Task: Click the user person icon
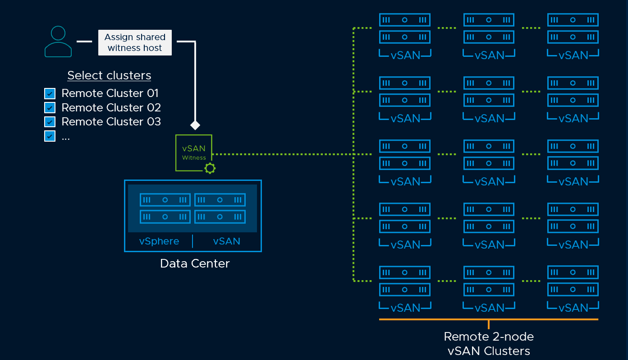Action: [x=58, y=42]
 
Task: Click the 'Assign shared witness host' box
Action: [x=135, y=42]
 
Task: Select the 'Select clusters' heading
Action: [x=109, y=75]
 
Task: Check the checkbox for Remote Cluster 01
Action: [x=50, y=94]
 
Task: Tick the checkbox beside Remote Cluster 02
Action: [x=50, y=108]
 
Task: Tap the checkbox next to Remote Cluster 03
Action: [x=50, y=122]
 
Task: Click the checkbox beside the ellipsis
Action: [x=50, y=136]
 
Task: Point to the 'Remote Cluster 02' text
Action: [x=111, y=108]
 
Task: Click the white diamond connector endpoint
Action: [x=195, y=125]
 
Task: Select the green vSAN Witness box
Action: [x=193, y=152]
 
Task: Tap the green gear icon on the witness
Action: [x=210, y=169]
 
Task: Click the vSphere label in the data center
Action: [x=159, y=241]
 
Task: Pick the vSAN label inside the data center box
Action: [x=226, y=241]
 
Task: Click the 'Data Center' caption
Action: [x=195, y=263]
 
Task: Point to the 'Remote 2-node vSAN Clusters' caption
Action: [x=489, y=344]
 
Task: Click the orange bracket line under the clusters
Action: [x=489, y=319]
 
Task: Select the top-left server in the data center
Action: [x=165, y=200]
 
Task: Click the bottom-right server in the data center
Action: [x=220, y=217]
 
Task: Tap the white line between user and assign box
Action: [x=84, y=42]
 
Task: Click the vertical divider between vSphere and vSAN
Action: [x=193, y=241]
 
